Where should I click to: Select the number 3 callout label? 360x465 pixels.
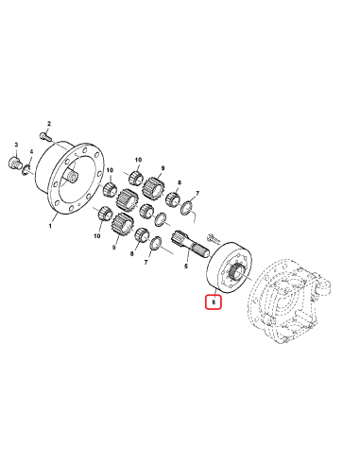(x=16, y=144)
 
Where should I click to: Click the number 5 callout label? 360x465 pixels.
(x=187, y=268)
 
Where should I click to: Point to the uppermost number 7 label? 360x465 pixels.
(x=195, y=192)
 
